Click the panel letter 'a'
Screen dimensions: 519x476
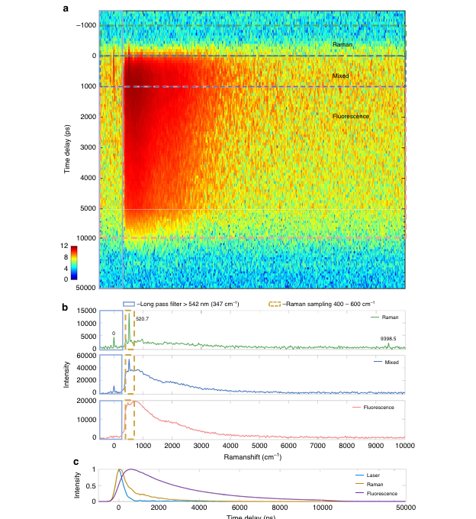pyautogui.click(x=66, y=8)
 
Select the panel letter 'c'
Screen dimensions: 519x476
pyautogui.click(x=66, y=461)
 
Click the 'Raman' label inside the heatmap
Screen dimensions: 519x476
pyautogui.click(x=342, y=45)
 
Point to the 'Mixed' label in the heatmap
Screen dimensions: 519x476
pyautogui.click(x=340, y=76)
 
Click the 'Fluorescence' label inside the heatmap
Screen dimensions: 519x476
pyautogui.click(x=351, y=116)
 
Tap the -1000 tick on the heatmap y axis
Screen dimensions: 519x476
pyautogui.click(x=84, y=25)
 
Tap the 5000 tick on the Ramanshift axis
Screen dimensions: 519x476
pyautogui.click(x=259, y=445)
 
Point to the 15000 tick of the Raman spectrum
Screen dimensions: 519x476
pyautogui.click(x=85, y=311)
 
